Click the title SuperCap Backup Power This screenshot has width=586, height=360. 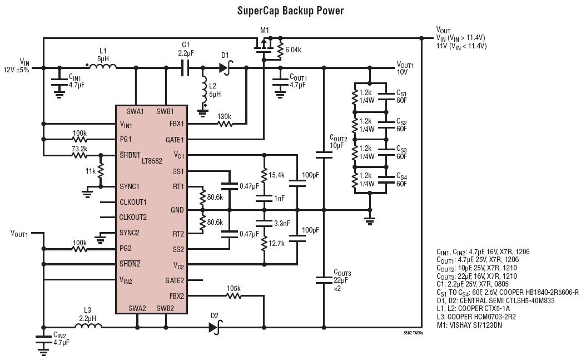290,11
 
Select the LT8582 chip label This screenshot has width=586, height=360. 152,161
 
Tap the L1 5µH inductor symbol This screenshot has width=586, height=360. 102,67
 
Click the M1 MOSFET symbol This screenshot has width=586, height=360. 264,46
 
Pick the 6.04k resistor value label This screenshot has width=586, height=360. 293,50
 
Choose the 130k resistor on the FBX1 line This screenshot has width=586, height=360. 225,124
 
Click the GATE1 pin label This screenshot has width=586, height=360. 175,140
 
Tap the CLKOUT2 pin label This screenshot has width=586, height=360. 133,217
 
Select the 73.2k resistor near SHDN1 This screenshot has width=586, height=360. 80,155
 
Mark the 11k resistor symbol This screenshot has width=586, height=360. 100,170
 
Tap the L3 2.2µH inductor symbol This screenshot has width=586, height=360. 88,326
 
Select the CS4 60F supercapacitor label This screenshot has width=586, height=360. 401,180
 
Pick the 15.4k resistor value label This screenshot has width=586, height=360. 276,175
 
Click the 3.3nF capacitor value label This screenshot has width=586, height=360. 282,224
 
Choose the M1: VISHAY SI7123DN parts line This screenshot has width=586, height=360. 469,325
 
